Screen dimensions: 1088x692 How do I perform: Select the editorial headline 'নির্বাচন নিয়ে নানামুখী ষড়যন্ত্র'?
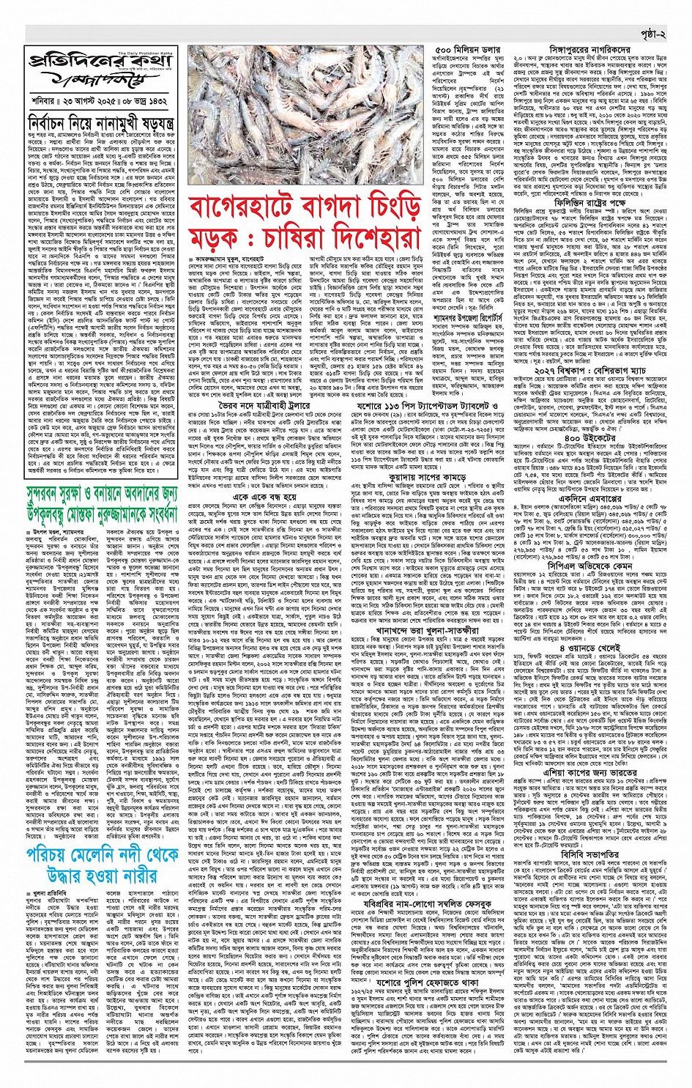100,122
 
